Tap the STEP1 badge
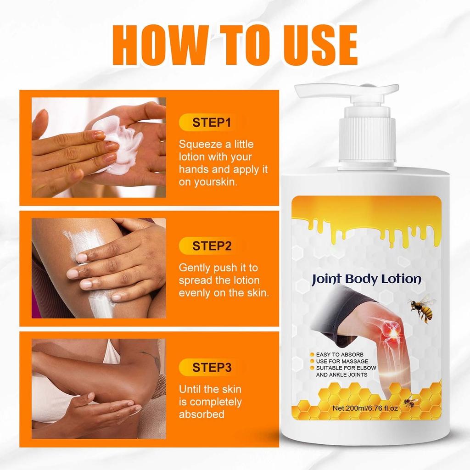[212, 123]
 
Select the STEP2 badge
[212, 246]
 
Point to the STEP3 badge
[212, 367]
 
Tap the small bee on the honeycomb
[411, 403]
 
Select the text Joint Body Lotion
[366, 279]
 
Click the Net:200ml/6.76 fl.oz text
[366, 408]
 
